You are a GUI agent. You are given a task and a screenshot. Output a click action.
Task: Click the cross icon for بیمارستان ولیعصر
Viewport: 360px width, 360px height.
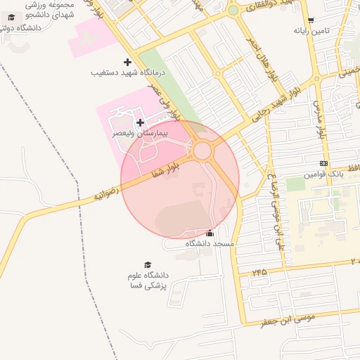[x=140, y=122]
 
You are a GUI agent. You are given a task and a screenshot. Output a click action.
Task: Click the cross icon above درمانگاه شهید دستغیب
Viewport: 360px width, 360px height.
[x=127, y=63]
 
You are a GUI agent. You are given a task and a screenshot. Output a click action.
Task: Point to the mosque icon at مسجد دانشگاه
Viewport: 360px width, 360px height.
[x=210, y=233]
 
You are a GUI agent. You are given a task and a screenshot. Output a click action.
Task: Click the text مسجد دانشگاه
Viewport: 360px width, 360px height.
[x=210, y=243]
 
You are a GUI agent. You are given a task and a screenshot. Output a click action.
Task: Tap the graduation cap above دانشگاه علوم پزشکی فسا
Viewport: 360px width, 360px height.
[x=148, y=264]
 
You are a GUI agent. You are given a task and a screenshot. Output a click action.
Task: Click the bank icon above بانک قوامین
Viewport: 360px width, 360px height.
[x=323, y=163]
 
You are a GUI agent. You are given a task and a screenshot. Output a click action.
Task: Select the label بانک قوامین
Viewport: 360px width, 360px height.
[x=323, y=173]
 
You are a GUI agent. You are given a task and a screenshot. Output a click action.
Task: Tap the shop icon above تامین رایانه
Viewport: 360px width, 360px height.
[x=311, y=20]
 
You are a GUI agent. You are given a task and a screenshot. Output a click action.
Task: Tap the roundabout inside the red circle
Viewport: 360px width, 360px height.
[x=203, y=150]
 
